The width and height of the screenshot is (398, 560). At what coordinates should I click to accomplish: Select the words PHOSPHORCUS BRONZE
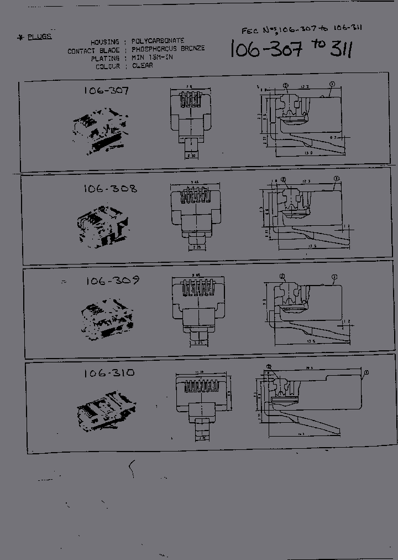[168, 49]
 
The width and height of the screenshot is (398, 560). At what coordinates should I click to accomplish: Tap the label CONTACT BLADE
[93, 51]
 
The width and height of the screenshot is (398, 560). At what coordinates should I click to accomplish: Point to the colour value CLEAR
[142, 65]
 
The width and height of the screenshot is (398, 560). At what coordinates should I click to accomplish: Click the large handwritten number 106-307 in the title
[266, 50]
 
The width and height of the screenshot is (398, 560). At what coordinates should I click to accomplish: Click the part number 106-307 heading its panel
[106, 90]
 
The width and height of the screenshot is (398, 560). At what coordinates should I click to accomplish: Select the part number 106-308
[111, 189]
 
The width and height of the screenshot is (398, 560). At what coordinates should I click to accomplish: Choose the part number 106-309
[112, 281]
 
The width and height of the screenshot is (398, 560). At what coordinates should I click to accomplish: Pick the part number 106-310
[109, 373]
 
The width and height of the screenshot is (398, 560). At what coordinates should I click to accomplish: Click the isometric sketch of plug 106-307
[102, 131]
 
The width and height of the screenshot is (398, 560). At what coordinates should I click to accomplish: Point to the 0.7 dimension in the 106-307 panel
[333, 136]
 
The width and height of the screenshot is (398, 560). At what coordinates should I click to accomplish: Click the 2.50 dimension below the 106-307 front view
[191, 157]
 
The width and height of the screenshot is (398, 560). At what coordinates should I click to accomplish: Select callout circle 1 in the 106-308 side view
[336, 179]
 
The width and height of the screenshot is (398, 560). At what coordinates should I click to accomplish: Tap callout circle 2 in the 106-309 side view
[282, 276]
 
